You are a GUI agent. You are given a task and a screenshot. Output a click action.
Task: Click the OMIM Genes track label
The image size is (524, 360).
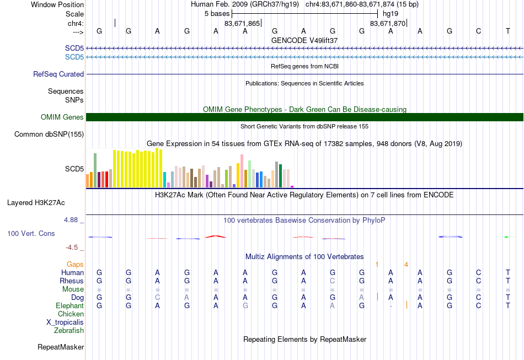click(x=62, y=117)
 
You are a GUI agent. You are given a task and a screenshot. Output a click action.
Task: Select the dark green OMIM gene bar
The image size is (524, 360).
click(x=304, y=117)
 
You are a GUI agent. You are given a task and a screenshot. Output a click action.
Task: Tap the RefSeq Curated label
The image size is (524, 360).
click(x=58, y=74)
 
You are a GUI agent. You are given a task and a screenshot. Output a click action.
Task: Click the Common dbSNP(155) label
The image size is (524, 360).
click(x=49, y=135)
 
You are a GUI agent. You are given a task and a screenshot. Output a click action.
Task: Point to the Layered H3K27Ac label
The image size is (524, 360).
click(x=36, y=203)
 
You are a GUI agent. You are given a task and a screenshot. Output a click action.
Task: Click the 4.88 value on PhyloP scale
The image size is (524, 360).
click(x=71, y=220)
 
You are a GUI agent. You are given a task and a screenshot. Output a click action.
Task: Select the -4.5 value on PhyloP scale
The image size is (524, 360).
click(x=72, y=248)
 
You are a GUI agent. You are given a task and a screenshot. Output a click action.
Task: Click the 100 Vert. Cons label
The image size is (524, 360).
click(x=31, y=233)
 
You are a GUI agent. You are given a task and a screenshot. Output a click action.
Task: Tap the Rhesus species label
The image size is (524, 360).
click(x=72, y=281)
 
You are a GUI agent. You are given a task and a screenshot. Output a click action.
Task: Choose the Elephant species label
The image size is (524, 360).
click(x=70, y=305)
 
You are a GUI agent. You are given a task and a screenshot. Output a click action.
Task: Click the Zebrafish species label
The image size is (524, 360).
click(x=69, y=330)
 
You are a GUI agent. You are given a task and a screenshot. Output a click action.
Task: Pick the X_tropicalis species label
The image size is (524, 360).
click(x=65, y=323)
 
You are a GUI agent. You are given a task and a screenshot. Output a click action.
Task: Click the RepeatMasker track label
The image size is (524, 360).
click(x=61, y=347)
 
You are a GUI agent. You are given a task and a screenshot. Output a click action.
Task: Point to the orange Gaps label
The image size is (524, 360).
click(x=75, y=265)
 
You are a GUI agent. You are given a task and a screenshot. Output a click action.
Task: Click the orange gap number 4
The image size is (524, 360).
click(x=406, y=265)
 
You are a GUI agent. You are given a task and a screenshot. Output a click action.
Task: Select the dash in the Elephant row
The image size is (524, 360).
click(x=391, y=306)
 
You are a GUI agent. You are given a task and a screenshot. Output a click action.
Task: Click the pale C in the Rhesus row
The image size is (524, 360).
click(x=332, y=281)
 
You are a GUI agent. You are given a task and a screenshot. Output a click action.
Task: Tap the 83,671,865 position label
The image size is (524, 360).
click(x=242, y=23)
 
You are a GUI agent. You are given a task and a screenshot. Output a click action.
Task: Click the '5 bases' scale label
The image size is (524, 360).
click(x=217, y=14)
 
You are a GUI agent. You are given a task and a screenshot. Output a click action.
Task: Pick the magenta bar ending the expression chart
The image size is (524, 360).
click(x=292, y=187)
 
